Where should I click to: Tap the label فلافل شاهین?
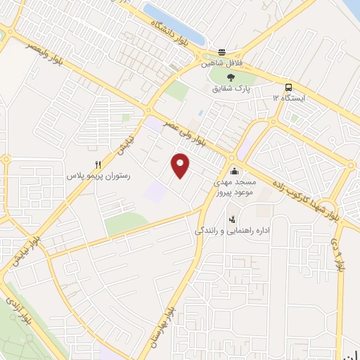click(223, 63)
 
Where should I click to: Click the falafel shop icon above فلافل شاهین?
click(222, 53)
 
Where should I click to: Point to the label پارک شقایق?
click(231, 89)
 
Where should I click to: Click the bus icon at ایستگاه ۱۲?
click(288, 87)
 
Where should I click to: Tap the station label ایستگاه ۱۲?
click(288, 98)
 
